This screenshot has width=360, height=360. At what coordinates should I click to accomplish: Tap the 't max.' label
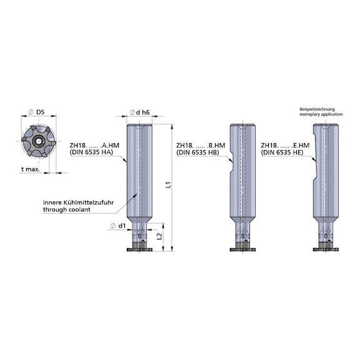point(31,169)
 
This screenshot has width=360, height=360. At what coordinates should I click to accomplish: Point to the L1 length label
point(168,184)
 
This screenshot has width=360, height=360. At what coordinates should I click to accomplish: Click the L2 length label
point(159,236)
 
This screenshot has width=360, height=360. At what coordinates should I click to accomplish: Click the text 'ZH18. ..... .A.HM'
point(94,146)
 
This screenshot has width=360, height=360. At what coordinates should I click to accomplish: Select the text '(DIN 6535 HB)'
point(197,152)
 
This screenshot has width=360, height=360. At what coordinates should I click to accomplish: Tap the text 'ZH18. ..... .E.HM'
point(285,146)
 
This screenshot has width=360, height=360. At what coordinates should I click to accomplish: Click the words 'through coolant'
point(67,209)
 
